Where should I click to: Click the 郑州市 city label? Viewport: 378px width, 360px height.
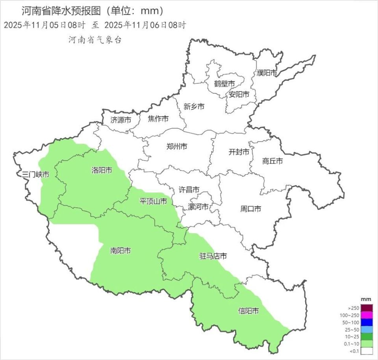click(177, 147)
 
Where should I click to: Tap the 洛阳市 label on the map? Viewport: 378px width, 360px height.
click(102, 170)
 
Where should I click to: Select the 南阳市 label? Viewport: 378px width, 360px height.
click(120, 250)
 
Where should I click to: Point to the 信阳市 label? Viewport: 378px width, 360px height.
click(248, 311)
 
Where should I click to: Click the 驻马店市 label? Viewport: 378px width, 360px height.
click(213, 256)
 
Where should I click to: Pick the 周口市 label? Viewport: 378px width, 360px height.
click(250, 209)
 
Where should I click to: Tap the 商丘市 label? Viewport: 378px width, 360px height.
click(272, 161)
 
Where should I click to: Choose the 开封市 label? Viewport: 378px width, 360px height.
click(239, 152)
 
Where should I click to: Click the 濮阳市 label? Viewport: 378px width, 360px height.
click(267, 73)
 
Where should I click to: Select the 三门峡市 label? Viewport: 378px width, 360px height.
click(36, 174)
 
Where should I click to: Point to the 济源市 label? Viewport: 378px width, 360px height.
click(121, 120)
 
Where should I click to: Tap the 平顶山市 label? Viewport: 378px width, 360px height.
click(154, 201)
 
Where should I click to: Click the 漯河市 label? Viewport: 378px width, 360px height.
click(198, 207)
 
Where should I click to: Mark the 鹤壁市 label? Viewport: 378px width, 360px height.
click(224, 84)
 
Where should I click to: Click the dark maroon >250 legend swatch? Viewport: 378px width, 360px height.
click(367, 308)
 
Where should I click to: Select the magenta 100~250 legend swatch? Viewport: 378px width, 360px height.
click(367, 315)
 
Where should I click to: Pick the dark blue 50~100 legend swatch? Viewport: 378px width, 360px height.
click(367, 322)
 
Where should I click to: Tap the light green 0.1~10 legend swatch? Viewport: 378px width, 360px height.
click(367, 343)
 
